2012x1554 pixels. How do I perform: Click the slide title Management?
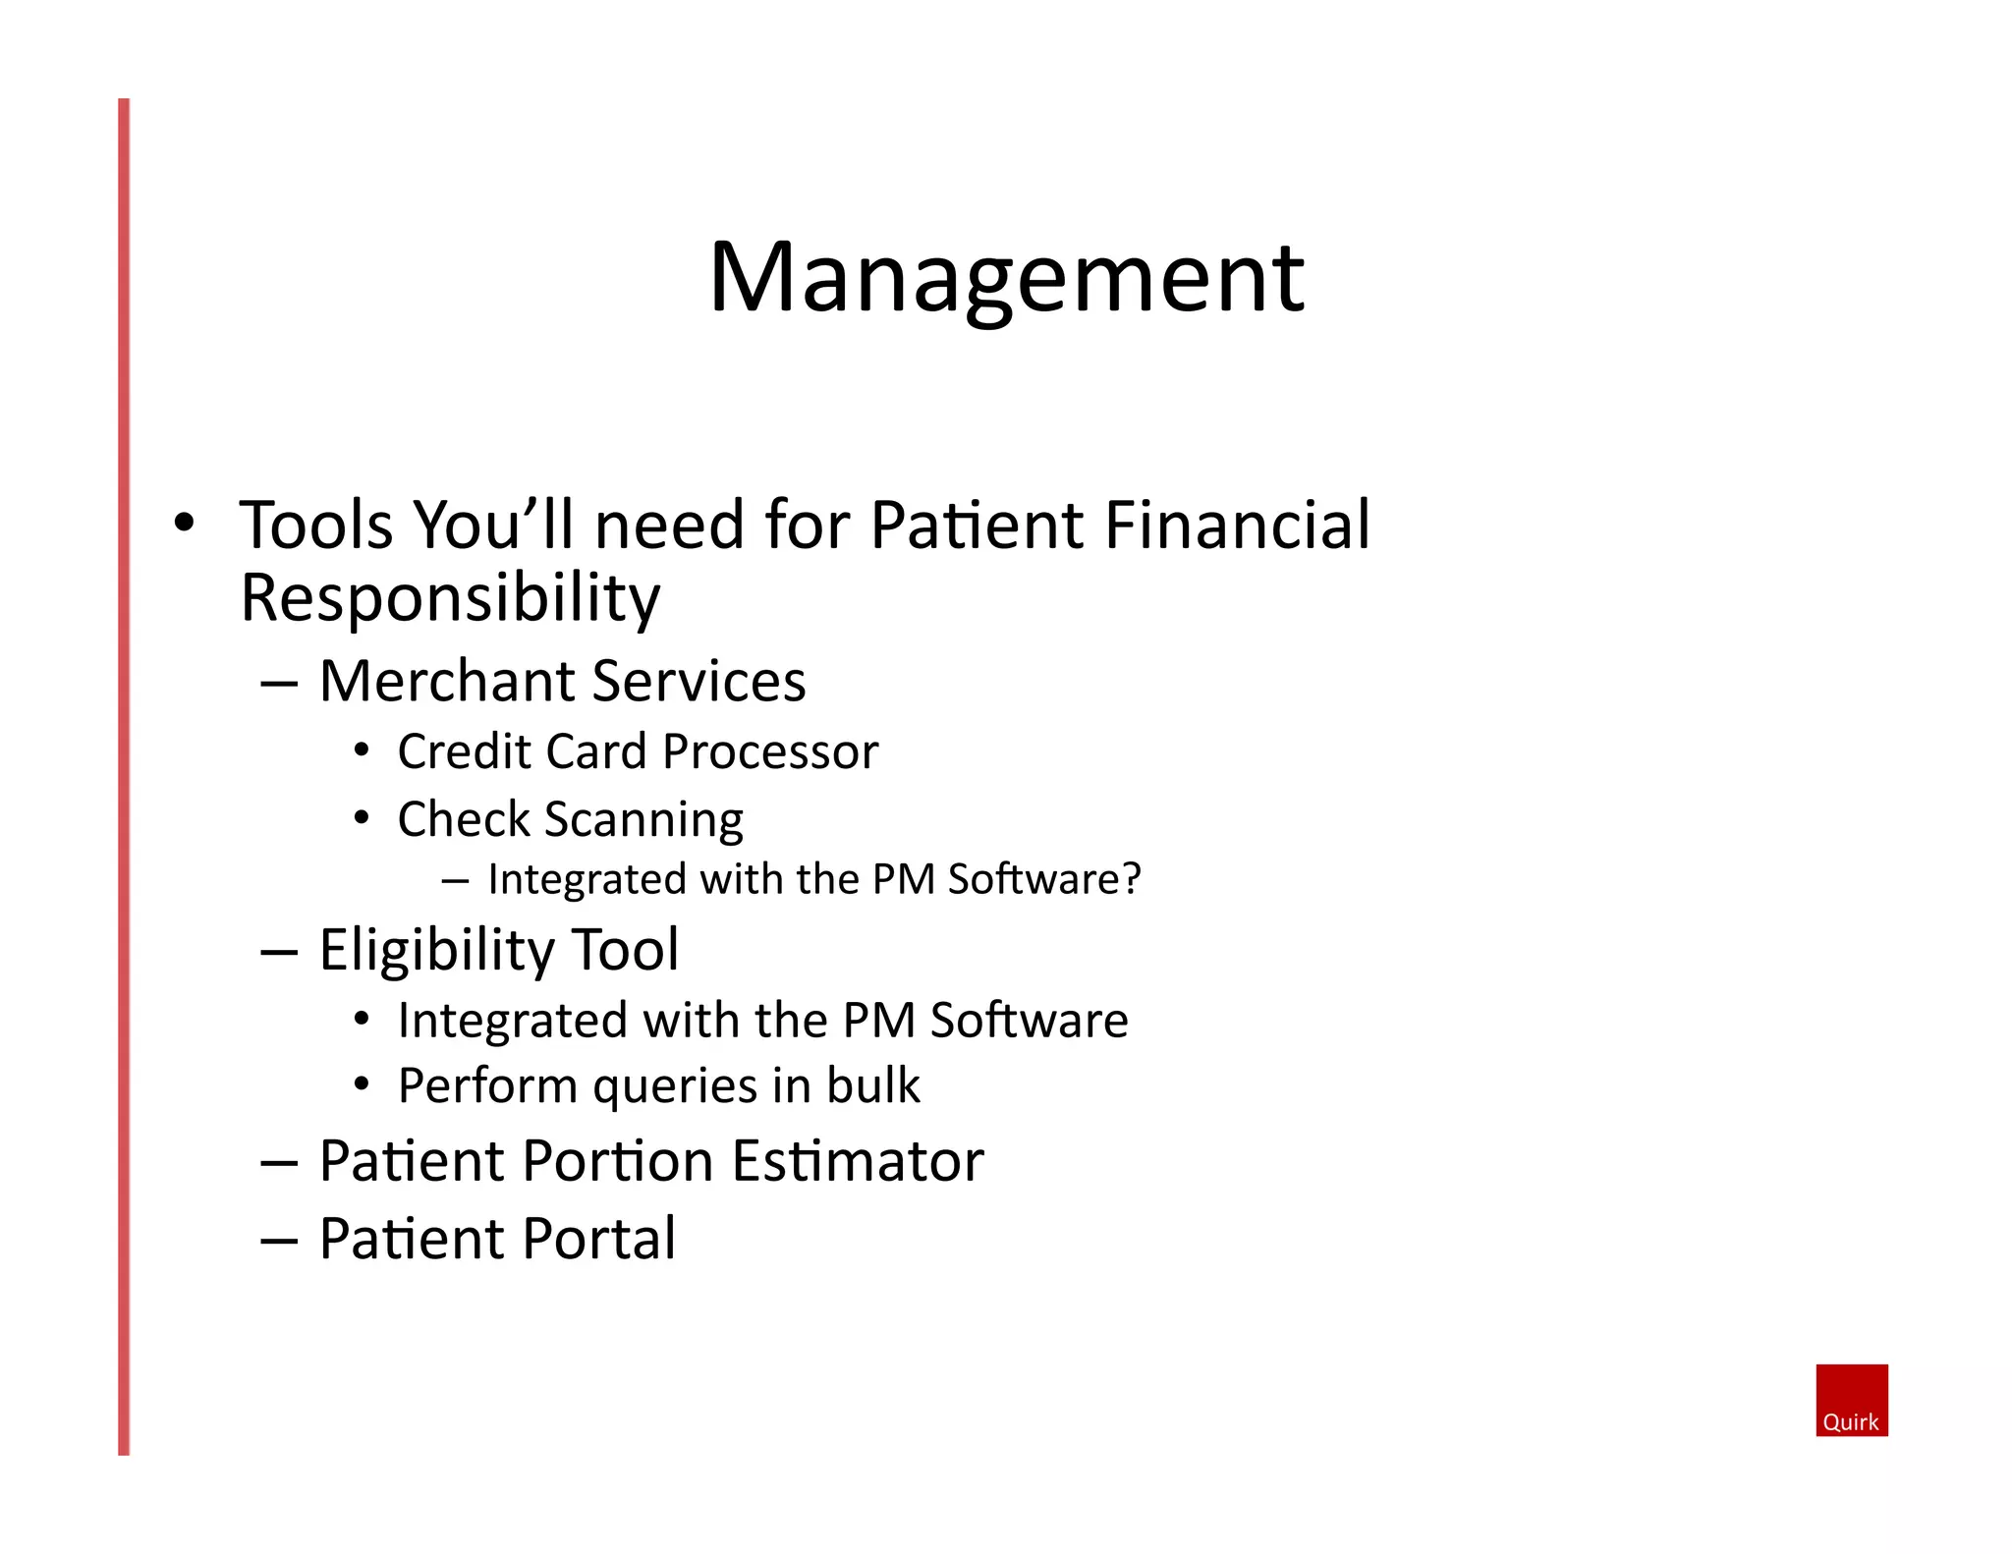(1006, 278)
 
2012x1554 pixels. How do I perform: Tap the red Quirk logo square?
(1851, 1399)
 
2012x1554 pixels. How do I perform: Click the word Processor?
(770, 752)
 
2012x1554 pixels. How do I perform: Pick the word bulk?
(872, 1085)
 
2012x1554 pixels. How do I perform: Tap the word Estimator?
(857, 1161)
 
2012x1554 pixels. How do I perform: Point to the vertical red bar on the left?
(124, 776)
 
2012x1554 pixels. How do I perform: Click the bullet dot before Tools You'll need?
(184, 524)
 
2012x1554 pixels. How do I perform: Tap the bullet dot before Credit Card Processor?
(362, 751)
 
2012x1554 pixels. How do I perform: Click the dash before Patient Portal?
(279, 1241)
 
